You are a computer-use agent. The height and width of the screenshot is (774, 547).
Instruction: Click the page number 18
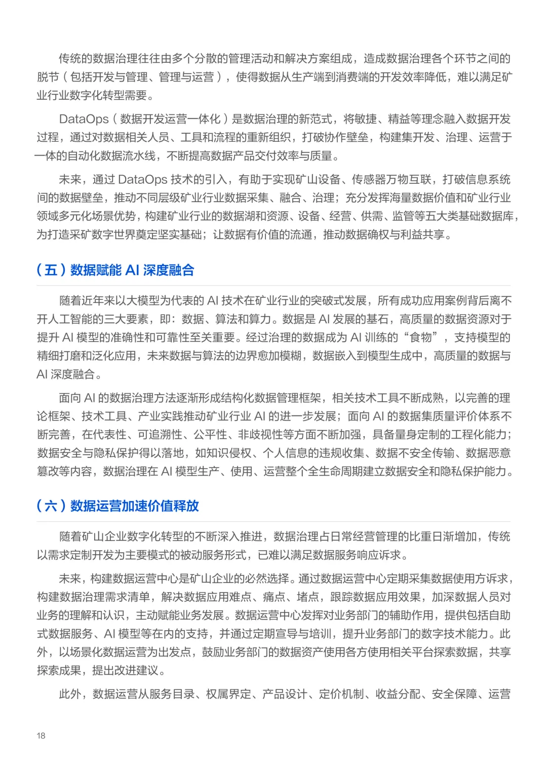click(41, 736)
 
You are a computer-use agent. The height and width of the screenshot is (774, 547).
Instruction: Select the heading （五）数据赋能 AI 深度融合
click(115, 270)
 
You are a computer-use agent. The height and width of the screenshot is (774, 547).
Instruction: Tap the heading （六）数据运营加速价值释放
click(118, 506)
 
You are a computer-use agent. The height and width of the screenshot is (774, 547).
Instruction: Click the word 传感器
click(369, 180)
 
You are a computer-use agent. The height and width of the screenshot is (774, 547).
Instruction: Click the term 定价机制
click(341, 694)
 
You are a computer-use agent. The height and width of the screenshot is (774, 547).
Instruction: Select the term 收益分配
click(398, 694)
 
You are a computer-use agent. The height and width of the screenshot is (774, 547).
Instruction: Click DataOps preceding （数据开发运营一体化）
click(84, 120)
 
